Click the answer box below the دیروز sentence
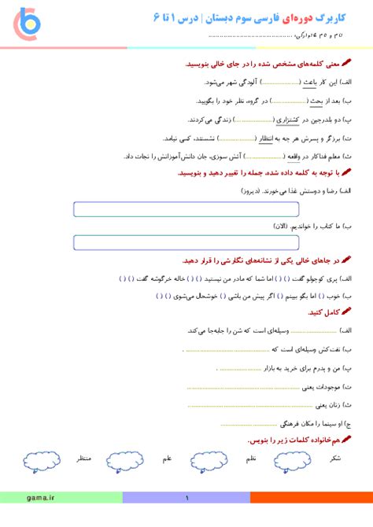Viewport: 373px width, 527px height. point(186,209)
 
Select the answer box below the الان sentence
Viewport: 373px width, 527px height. point(186,243)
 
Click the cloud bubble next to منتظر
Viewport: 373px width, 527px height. point(40,459)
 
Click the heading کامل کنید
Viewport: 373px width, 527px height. point(321,312)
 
